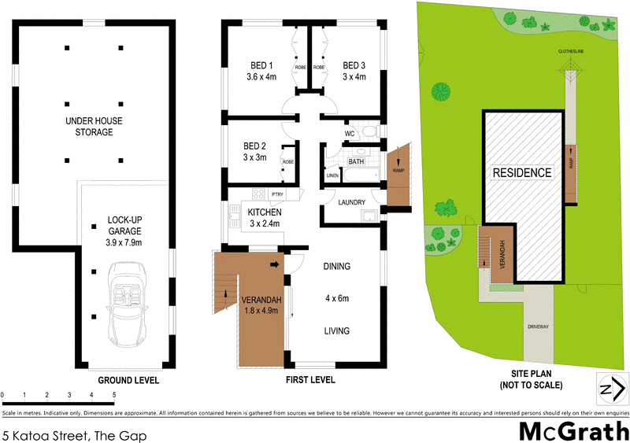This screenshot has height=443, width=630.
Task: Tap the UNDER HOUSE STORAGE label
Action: (x=100, y=127)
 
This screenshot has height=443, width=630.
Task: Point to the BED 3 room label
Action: (x=355, y=71)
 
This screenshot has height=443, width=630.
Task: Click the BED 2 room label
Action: (x=254, y=152)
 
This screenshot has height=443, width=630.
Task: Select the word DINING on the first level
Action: (x=337, y=267)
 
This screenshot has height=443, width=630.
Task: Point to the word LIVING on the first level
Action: (x=337, y=330)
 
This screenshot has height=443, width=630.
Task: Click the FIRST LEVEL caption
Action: (x=309, y=380)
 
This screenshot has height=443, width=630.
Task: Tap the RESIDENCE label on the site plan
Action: (x=523, y=172)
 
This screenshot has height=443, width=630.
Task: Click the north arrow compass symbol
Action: (x=611, y=389)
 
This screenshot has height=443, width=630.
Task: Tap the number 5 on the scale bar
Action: (x=114, y=395)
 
